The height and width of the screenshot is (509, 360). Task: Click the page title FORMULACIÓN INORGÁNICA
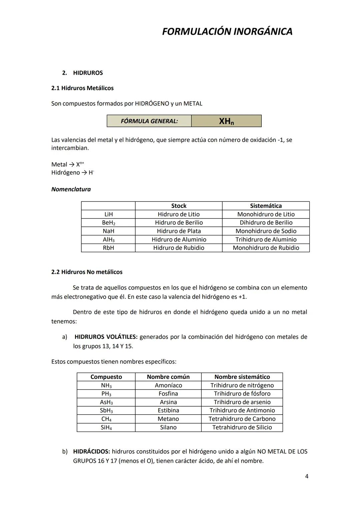[x=227, y=31]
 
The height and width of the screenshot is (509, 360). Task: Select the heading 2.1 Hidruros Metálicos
[x=82, y=88]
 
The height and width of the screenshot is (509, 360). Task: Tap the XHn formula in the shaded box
[x=226, y=121]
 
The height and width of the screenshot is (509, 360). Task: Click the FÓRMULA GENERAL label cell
[x=149, y=121]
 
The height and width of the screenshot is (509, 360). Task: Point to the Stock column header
[x=179, y=206]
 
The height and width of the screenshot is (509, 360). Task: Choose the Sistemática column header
[x=266, y=206]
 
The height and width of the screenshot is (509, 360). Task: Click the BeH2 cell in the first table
[x=108, y=223]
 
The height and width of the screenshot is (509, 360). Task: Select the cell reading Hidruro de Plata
[x=179, y=231]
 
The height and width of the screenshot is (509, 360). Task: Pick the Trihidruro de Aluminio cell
[x=266, y=239]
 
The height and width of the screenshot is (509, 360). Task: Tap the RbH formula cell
[x=108, y=248]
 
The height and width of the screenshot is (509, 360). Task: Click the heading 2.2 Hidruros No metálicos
[x=87, y=272]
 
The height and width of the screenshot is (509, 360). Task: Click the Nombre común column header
[x=168, y=377]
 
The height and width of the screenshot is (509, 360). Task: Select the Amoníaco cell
[x=168, y=385]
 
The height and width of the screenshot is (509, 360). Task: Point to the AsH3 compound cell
[x=106, y=402]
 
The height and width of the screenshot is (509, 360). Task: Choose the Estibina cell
[x=168, y=410]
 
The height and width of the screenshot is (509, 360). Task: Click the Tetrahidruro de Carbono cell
[x=242, y=419]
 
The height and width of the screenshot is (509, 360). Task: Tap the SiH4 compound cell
[x=106, y=427]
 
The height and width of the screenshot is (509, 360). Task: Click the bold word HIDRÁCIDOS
[x=91, y=451]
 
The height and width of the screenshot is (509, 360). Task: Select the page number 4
[x=307, y=476]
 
